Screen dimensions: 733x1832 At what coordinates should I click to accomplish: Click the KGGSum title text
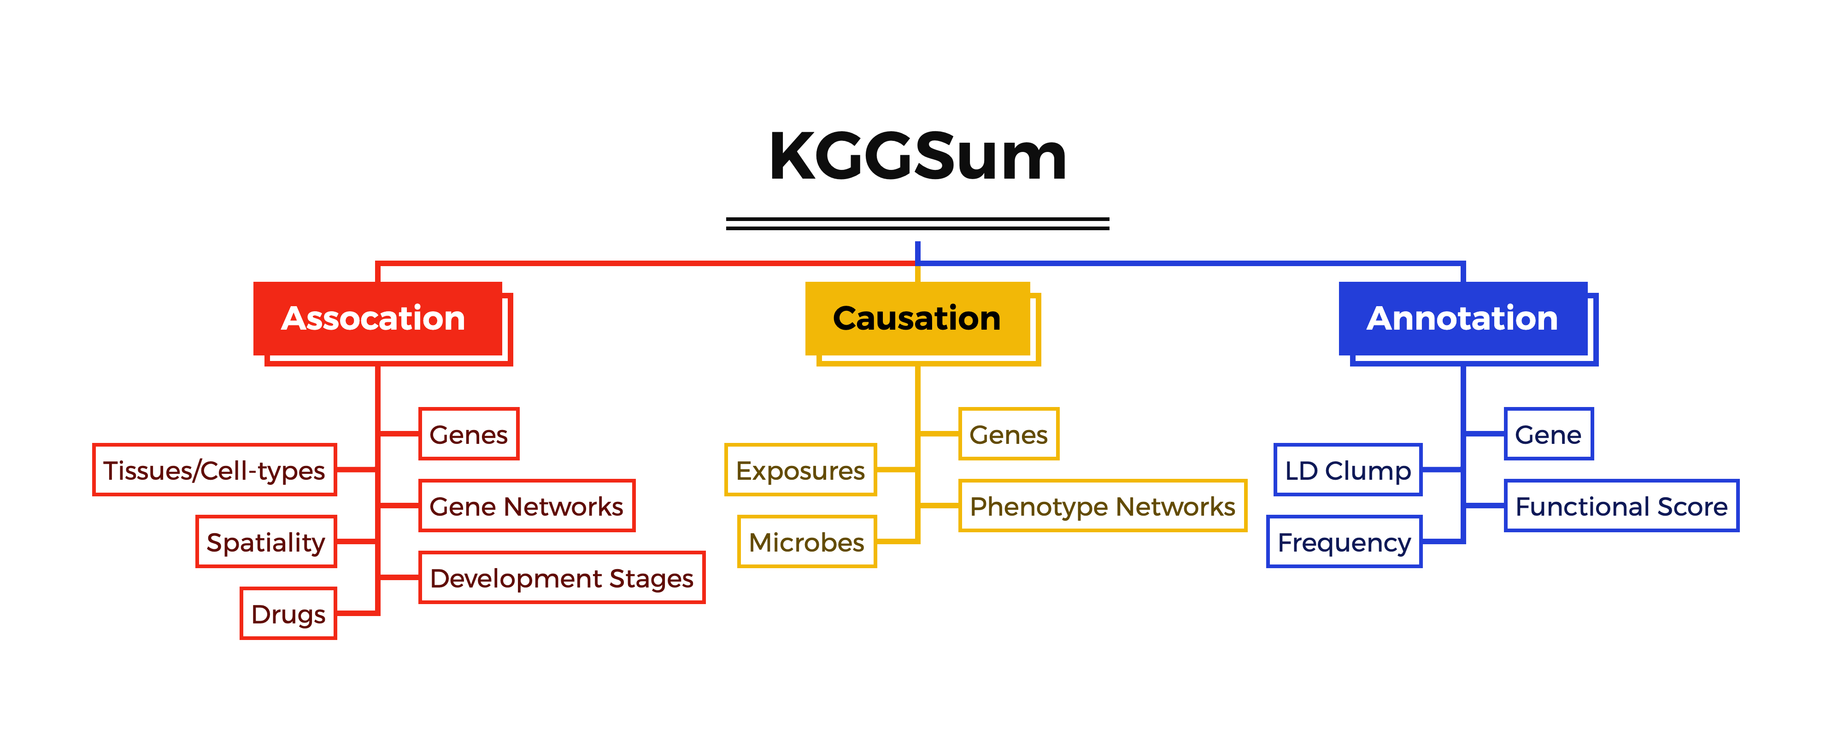point(917,157)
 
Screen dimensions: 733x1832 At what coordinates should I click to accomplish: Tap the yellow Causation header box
point(917,319)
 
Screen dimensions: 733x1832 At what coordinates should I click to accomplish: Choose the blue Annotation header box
point(1463,319)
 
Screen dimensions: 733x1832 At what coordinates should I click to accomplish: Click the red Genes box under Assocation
point(469,434)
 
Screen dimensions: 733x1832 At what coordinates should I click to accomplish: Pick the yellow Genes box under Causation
point(1009,434)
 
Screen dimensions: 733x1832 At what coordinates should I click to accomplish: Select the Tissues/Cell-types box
point(214,470)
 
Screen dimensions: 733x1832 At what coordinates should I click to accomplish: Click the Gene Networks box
point(526,506)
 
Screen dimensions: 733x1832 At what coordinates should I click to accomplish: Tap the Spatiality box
point(266,542)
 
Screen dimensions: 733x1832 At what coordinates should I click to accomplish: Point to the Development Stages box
point(562,577)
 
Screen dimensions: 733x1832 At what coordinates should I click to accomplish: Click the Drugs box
point(288,614)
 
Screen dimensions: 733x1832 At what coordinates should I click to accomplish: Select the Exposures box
point(800,470)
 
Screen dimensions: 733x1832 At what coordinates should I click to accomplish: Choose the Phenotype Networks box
point(1102,506)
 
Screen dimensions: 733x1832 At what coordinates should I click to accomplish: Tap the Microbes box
point(806,542)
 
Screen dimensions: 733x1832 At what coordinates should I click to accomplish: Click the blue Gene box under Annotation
point(1548,434)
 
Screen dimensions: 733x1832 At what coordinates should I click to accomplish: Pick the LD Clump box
point(1348,470)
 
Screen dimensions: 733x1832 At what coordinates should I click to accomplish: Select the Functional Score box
point(1621,506)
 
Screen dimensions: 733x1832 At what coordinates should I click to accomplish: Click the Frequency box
point(1344,542)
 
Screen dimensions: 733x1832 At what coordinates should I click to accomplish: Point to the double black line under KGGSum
point(917,223)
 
